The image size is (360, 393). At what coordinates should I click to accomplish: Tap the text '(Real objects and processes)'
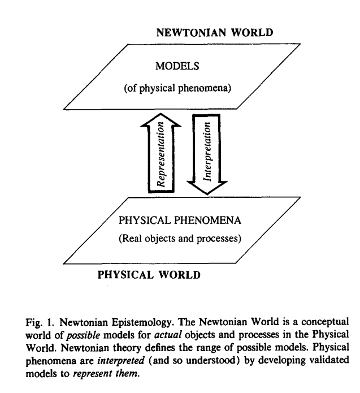180,238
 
